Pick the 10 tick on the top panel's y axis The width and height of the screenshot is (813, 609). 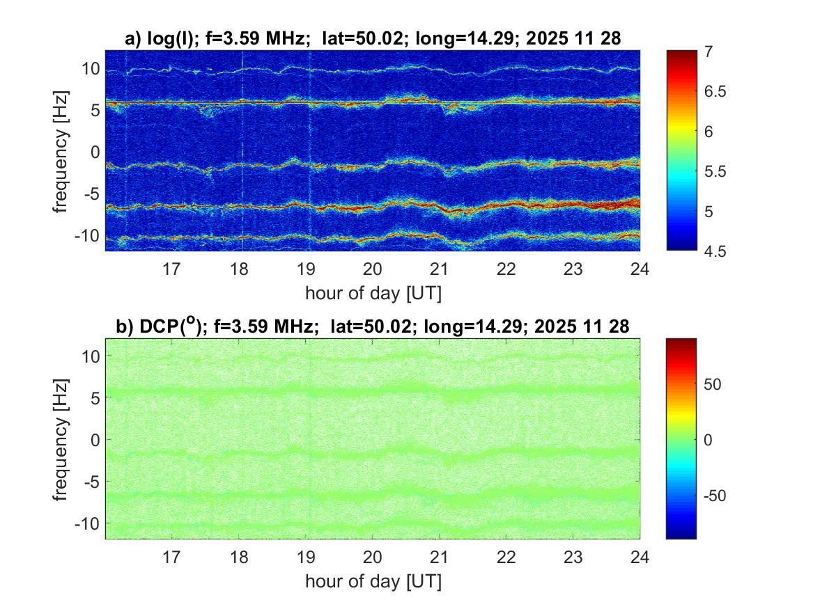[91, 69]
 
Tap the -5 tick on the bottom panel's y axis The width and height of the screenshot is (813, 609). [92, 481]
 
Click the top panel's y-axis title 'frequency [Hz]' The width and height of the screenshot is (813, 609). [63, 150]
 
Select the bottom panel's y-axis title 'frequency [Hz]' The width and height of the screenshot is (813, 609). [63, 439]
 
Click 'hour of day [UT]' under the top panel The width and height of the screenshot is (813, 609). [373, 293]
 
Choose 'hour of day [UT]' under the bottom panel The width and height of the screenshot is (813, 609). [373, 581]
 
